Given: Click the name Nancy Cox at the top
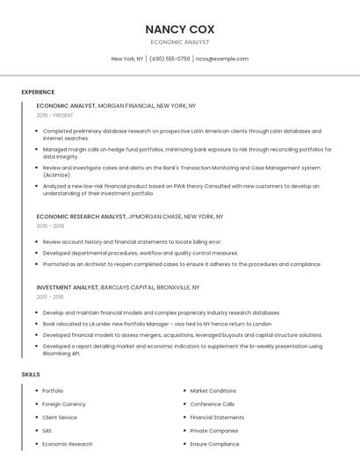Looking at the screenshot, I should (180, 29).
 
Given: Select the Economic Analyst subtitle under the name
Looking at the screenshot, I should (180, 42).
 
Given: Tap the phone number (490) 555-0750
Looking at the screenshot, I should (169, 59).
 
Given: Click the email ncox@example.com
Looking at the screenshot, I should (222, 59).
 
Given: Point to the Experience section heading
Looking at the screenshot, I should (38, 91).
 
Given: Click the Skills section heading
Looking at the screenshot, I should (30, 375).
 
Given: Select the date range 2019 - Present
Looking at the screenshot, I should (54, 115).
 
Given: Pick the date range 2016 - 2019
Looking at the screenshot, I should (50, 225).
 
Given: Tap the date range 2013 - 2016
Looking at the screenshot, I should (50, 297).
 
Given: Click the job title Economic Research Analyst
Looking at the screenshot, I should (81, 216).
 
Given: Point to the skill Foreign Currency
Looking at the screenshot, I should (64, 404).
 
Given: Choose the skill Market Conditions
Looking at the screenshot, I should (213, 390).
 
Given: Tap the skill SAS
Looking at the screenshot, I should (47, 431).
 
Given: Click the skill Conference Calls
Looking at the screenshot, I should (212, 404).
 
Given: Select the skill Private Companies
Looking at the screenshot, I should (214, 431).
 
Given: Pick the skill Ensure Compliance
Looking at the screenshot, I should (214, 444).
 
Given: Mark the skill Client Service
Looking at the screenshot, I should (60, 418).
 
